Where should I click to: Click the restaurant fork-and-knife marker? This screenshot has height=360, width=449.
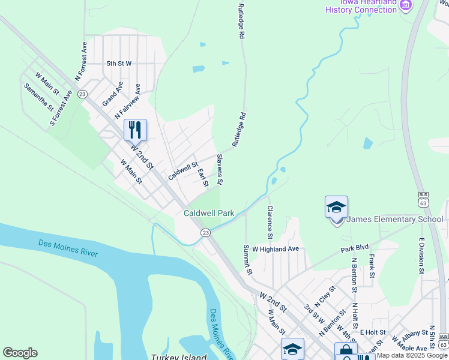pyautogui.click(x=135, y=129)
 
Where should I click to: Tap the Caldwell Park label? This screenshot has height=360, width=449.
pyautogui.click(x=209, y=213)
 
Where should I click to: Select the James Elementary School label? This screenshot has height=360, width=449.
pyautogui.click(x=395, y=219)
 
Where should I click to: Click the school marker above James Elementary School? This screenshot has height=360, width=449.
pyautogui.click(x=336, y=208)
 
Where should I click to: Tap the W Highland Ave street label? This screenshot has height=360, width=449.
pyautogui.click(x=276, y=248)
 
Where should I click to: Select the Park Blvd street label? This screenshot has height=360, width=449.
pyautogui.click(x=354, y=247)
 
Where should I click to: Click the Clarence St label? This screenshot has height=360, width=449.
pyautogui.click(x=270, y=221)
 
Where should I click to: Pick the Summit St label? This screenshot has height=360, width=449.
pyautogui.click(x=247, y=260)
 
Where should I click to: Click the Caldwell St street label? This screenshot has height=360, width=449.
pyautogui.click(x=183, y=171)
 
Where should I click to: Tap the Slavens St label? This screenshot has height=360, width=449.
pyautogui.click(x=220, y=169)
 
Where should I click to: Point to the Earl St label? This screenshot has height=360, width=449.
pyautogui.click(x=203, y=178)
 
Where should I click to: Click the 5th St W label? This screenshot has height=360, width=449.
pyautogui.click(x=119, y=63)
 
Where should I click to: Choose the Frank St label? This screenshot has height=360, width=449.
pyautogui.click(x=372, y=266)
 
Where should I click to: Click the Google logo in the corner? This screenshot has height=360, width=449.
pyautogui.click(x=20, y=353)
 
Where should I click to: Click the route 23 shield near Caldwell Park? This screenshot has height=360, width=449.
pyautogui.click(x=205, y=232)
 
